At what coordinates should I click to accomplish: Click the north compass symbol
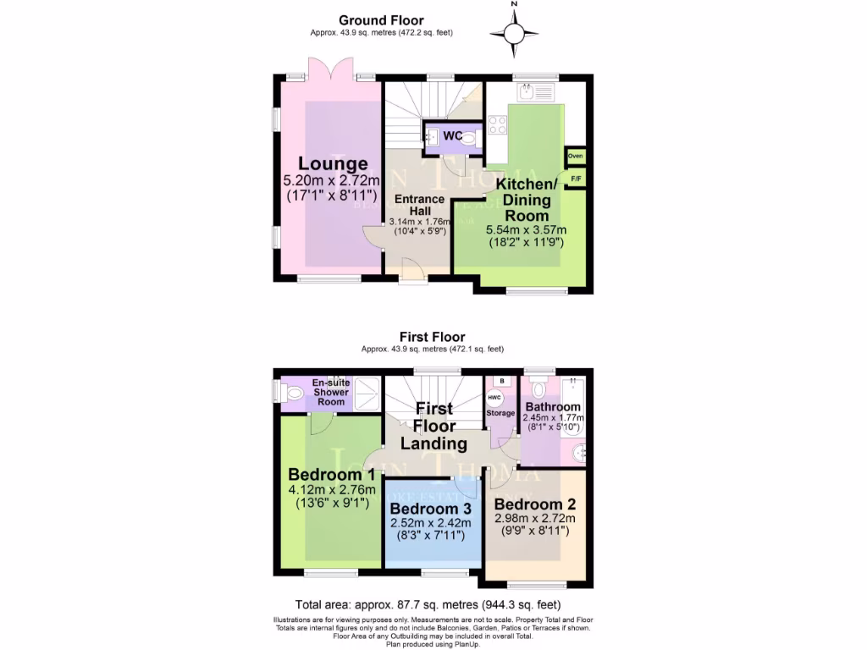[514, 33]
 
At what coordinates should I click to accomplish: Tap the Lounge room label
[332, 164]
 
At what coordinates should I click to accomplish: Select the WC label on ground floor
[452, 136]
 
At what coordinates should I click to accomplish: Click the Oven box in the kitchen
[576, 157]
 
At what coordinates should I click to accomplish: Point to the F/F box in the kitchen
[576, 179]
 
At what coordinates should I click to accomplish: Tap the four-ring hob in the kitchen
[497, 126]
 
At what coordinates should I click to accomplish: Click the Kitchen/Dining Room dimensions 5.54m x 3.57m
[526, 229]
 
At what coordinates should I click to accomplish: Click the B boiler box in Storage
[501, 382]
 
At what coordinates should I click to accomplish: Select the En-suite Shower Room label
[331, 392]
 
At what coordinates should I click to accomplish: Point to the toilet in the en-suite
[292, 393]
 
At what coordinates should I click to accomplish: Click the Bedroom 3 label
[431, 509]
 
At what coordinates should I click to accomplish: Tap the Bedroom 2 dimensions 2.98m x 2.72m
[535, 519]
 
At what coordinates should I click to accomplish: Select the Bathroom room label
[552, 407]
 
